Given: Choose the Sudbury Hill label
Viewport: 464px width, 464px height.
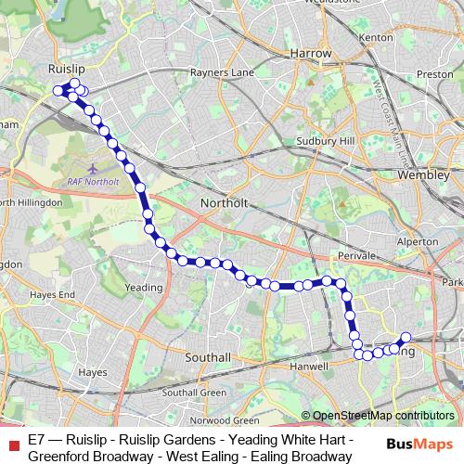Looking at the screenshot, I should tap(330, 140).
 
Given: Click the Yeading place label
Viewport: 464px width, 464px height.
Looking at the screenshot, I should tap(144, 289).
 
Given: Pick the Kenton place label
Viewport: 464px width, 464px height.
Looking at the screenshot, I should tap(375, 37).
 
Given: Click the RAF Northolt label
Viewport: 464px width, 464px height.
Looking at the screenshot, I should tap(94, 182).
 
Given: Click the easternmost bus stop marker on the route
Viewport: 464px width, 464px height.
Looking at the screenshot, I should tap(406, 338).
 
